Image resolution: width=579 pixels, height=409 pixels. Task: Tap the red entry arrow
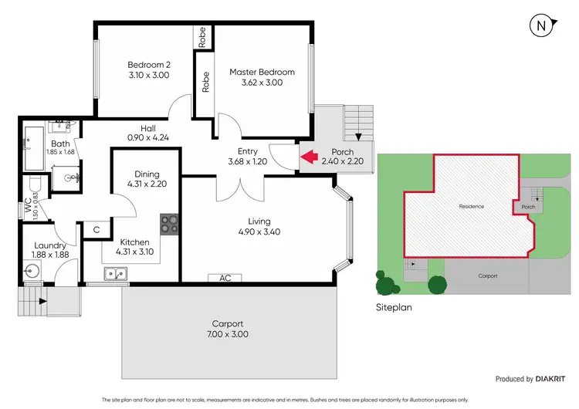pos(310,157)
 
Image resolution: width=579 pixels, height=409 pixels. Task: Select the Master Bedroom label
pos(262,73)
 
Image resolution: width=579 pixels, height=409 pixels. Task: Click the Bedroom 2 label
pos(147,65)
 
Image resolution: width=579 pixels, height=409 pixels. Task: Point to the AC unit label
pos(225,278)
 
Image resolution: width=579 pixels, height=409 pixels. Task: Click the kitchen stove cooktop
pos(170,224)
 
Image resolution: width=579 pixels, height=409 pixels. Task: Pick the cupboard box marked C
pos(96,229)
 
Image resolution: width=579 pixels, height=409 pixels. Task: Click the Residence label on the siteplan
pos(471,207)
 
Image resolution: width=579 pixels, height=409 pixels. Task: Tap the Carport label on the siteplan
pos(487,275)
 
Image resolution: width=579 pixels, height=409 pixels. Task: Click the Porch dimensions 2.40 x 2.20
pos(342,162)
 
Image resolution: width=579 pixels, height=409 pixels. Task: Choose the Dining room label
pos(147,174)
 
